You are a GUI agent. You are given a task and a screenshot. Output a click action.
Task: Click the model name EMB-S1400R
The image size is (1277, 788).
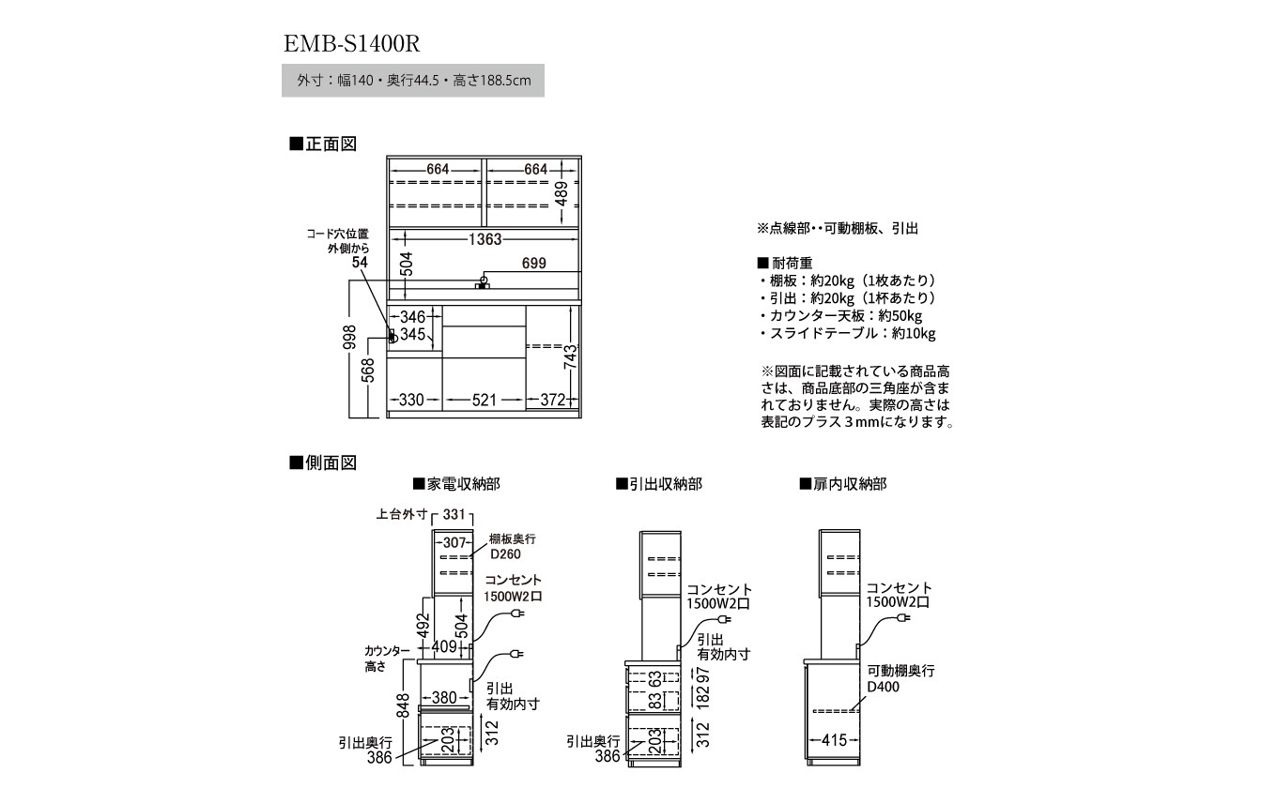pos(352,44)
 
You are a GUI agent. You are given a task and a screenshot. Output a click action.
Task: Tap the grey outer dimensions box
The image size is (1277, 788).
pos(413,81)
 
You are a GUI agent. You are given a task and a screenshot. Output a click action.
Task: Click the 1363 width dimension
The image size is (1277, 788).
pos(485,239)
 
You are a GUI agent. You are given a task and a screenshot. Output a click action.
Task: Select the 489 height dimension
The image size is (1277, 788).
pos(562,194)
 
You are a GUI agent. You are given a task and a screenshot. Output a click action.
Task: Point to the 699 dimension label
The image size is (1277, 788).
pos(534,263)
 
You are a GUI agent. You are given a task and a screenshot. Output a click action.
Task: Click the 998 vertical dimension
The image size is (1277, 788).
pos(349,337)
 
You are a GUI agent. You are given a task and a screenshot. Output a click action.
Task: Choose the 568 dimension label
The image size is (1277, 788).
pos(369,371)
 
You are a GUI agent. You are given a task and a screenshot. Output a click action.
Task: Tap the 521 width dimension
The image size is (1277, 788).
pos(484,400)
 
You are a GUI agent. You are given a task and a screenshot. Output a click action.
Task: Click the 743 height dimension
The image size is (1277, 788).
pos(570,357)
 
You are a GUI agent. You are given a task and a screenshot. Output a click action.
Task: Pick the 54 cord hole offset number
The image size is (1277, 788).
pos(360,263)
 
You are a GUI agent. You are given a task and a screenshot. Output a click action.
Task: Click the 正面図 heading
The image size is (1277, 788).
pos(323,144)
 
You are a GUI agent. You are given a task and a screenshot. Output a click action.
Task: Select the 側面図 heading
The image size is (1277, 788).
pos(323,462)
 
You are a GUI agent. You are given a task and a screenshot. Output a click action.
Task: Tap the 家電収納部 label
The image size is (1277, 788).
pos(456,484)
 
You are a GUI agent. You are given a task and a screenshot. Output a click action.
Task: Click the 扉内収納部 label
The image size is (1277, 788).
pos(843,484)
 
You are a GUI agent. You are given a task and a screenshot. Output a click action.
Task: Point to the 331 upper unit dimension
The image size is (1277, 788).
pos(454,514)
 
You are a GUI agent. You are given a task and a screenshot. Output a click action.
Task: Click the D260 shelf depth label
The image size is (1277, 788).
pos(506,554)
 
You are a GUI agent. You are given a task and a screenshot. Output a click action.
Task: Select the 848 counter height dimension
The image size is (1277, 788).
pos(403,705)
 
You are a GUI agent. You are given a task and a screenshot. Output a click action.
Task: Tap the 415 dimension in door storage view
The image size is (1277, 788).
pos(834,740)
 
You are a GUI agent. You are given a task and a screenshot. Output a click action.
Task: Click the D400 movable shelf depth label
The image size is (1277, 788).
pos(883,687)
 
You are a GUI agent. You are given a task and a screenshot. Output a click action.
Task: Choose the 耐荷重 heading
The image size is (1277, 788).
pos(785,263)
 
